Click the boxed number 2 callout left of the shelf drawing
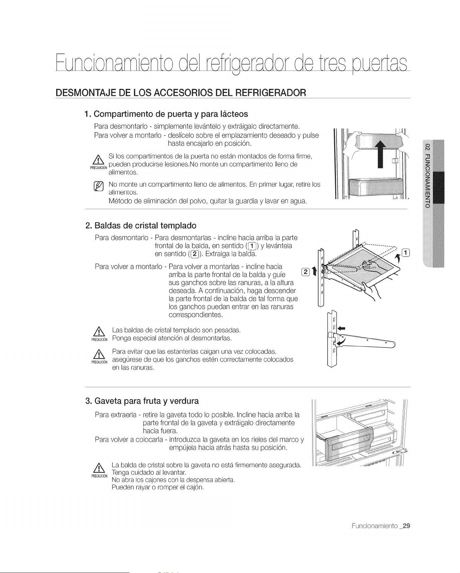(305, 272)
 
